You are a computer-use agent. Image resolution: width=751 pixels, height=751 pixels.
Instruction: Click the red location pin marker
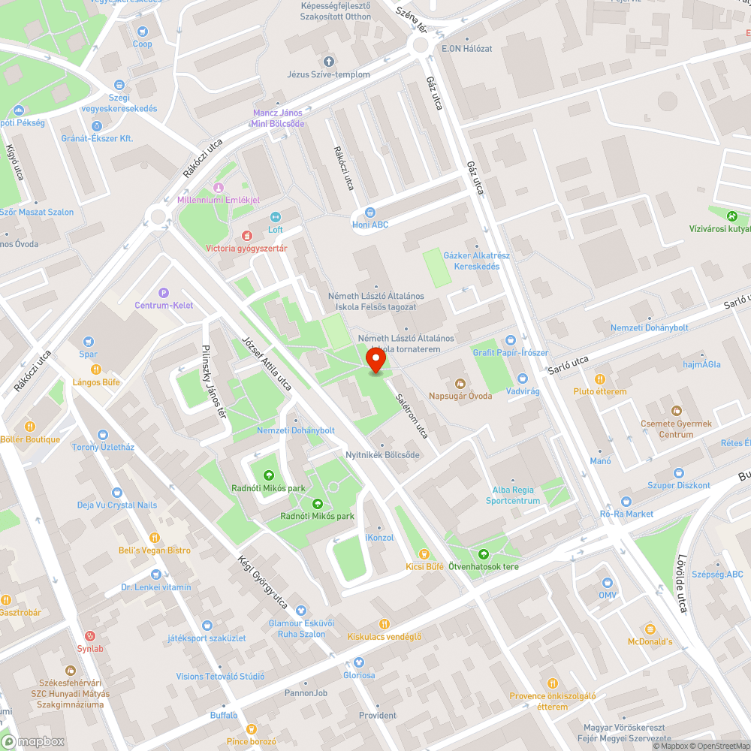coord(375,360)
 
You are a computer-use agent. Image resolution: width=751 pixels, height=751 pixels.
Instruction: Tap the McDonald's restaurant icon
coord(650,629)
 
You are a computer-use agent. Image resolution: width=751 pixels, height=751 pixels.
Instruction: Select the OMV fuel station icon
coord(608,582)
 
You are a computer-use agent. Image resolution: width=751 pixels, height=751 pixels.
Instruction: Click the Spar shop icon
coord(89,342)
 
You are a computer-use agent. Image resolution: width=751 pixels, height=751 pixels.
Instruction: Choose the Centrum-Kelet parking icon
coord(164,293)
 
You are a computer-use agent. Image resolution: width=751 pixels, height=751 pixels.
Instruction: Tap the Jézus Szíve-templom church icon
coord(328,61)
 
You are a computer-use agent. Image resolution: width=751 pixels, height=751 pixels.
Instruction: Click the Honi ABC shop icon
coord(369,212)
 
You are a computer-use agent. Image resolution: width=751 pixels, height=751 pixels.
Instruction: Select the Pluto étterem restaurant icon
coord(599,379)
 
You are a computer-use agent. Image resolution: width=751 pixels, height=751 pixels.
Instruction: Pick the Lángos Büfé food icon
coord(96,369)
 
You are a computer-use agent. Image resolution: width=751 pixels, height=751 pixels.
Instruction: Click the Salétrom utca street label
coord(412,416)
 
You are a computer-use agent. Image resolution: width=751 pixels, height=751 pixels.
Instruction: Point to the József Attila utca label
coord(267,361)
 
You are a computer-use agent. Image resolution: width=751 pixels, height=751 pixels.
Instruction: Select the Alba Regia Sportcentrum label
coord(513,495)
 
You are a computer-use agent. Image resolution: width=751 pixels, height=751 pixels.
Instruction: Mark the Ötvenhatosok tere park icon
coord(483,553)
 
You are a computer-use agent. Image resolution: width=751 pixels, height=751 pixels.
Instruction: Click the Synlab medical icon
coord(90,635)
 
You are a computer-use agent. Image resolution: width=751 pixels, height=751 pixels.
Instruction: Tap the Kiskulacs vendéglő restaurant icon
coord(385,624)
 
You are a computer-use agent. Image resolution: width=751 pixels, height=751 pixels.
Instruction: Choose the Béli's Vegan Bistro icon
coord(154,538)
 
